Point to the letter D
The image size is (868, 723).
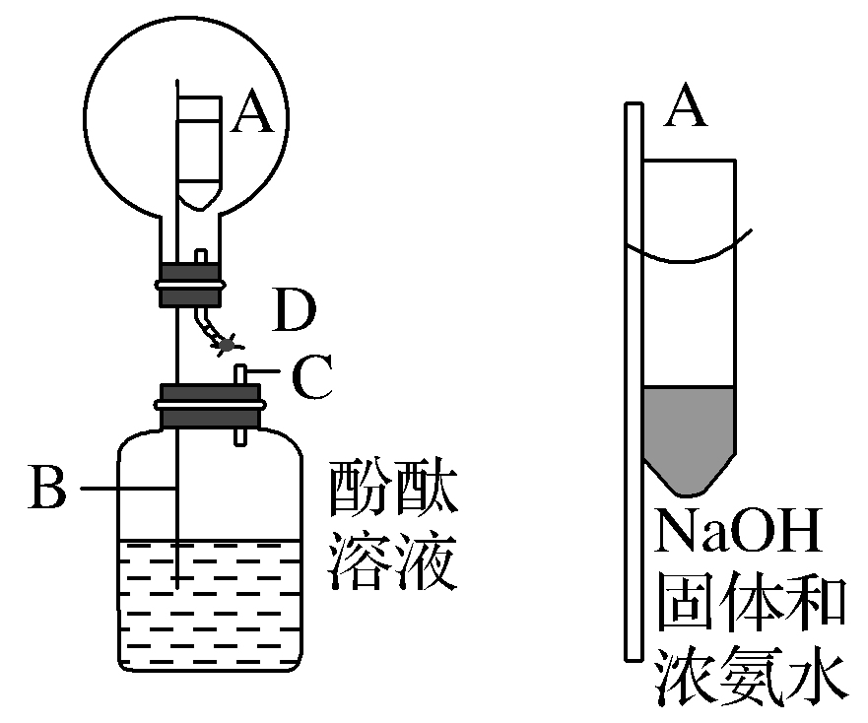tap(294, 314)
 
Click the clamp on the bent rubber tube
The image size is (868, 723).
tap(229, 345)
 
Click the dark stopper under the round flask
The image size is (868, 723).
tap(189, 284)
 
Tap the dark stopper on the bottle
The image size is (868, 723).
tap(209, 407)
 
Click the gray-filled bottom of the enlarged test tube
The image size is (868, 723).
tap(690, 433)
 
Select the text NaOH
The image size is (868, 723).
tap(739, 538)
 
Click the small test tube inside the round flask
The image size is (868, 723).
tap(202, 148)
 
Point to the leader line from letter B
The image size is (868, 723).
tap(128, 487)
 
